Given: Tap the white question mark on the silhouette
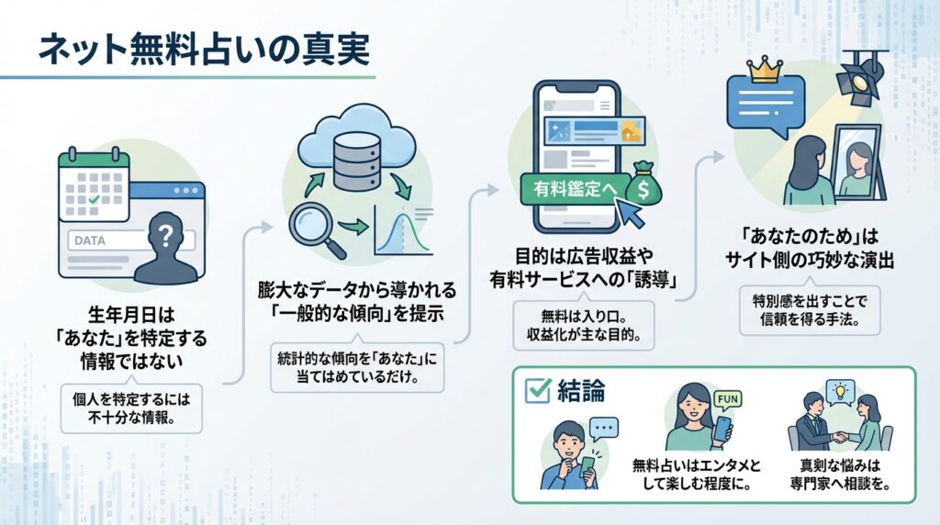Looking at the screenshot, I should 165,235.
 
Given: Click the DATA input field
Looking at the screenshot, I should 106,241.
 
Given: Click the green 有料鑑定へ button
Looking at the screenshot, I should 566,189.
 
